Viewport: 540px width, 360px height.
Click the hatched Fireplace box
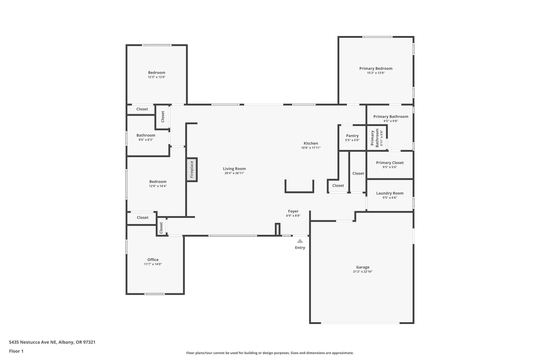tap(192, 170)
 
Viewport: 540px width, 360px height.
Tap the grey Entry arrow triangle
tap(300, 241)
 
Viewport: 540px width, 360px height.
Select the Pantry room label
tap(352, 136)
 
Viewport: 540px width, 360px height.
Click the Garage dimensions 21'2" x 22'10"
tap(363, 272)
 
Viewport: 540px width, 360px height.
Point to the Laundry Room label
tap(390, 193)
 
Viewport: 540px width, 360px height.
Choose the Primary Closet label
tap(390, 163)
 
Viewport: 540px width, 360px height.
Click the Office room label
tap(153, 260)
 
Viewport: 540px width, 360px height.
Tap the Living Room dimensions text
tap(234, 173)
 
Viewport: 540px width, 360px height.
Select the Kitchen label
tap(311, 143)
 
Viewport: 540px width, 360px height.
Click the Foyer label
tap(293, 211)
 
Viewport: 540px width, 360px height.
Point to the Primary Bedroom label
tap(376, 68)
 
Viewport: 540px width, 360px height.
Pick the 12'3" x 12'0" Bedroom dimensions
tap(157, 77)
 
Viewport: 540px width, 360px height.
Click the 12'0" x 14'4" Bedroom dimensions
tap(158, 186)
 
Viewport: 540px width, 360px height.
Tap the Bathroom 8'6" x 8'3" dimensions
tap(146, 140)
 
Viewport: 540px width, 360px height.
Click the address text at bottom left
tap(52, 342)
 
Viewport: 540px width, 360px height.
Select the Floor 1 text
tap(16, 351)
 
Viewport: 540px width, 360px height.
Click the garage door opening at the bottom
tap(360, 323)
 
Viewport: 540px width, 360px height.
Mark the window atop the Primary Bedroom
tap(377, 37)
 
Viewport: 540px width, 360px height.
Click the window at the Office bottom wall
tap(154, 294)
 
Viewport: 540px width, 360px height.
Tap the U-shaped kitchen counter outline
tap(299, 191)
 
